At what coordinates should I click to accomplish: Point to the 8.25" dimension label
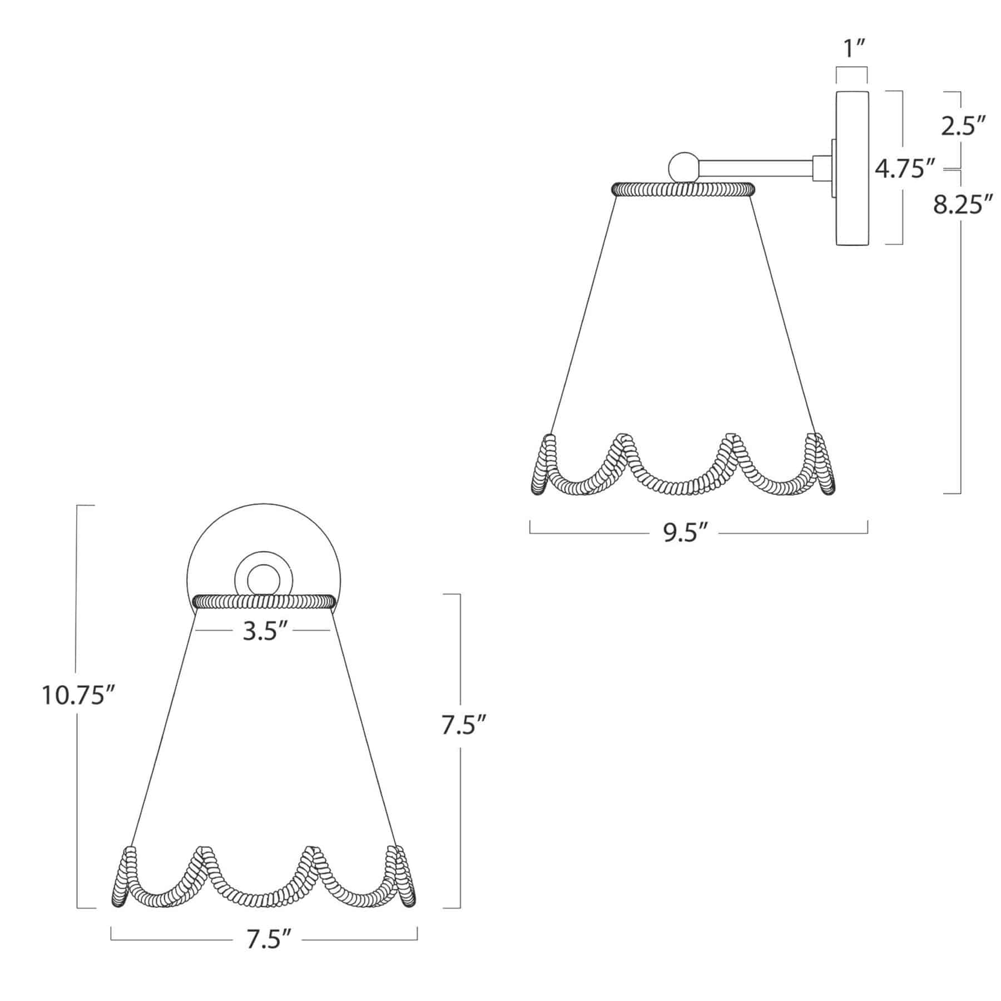click(x=963, y=205)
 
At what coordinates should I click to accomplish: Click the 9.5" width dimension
click(x=685, y=534)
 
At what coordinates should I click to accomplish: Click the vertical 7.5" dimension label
click(x=465, y=726)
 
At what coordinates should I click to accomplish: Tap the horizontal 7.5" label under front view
click(x=269, y=940)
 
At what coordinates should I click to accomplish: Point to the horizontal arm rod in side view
click(x=756, y=167)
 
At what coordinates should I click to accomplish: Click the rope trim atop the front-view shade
click(x=264, y=601)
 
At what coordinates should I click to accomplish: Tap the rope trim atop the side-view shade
click(x=684, y=189)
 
